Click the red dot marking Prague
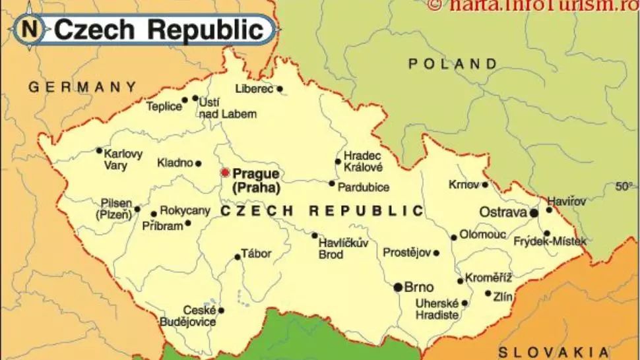tap(225, 173)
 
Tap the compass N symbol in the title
tap(29, 28)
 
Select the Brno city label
tap(419, 287)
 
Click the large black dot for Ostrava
tap(533, 213)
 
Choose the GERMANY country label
tap(82, 86)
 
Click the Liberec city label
tap(253, 88)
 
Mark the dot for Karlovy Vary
tap(99, 150)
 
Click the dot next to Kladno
tap(198, 164)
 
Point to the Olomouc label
tap(482, 235)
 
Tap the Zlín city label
tap(503, 297)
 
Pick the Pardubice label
tap(363, 187)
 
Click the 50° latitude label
tap(624, 187)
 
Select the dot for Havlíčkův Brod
tap(314, 235)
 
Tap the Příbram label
tap(162, 225)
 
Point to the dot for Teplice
tap(185, 101)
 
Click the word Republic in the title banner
tap(209, 29)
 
